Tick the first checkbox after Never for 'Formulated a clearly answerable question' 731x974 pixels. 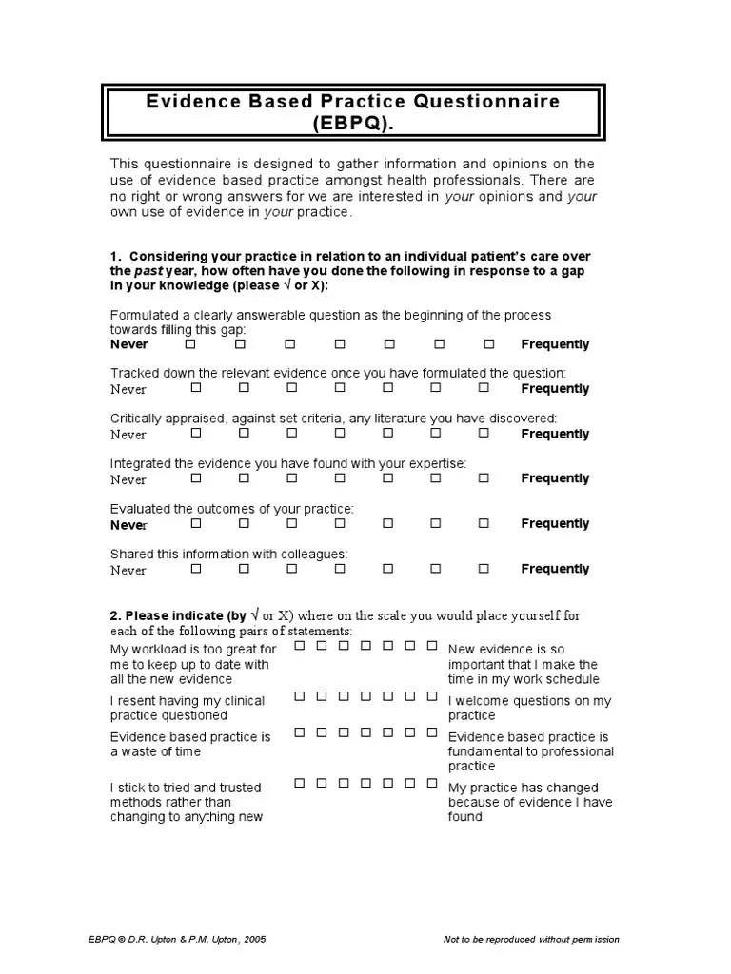tap(190, 343)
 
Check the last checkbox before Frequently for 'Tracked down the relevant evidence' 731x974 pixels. tap(484, 387)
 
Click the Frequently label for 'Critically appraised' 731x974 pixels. tap(555, 434)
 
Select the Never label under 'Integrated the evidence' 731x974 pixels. tap(128, 479)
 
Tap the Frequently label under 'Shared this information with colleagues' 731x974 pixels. tap(555, 569)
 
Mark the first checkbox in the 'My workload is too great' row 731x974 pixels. tap(300, 646)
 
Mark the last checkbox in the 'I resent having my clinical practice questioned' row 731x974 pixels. tap(432, 696)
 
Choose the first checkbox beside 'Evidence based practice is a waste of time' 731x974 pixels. tap(300, 732)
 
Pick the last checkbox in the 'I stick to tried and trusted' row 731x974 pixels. tap(432, 783)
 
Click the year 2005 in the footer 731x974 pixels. tap(254, 940)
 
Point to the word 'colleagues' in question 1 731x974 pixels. tap(314, 554)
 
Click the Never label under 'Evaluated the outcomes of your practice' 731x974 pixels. tap(128, 525)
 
